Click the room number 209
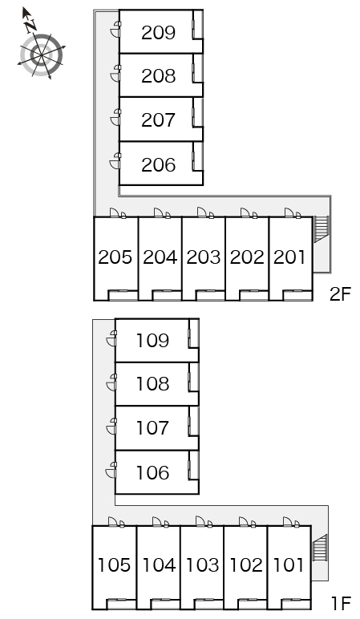158,33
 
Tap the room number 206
158,165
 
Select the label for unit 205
115,257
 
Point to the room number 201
289,257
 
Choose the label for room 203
204,257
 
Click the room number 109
153,340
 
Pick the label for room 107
153,428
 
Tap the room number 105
114,565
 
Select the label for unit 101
288,565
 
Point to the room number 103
202,565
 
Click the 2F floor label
340,294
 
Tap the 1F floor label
341,603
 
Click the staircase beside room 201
321,229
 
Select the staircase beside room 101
320,548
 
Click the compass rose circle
42,55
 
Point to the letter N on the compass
30,26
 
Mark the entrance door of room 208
115,74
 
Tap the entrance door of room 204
162,213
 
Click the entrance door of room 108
111,382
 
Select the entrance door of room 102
248,522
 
